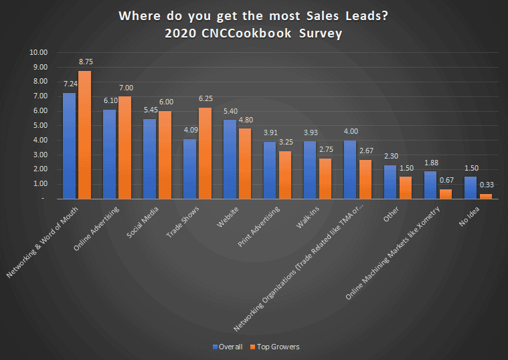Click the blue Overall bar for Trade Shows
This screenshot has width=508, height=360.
click(189, 169)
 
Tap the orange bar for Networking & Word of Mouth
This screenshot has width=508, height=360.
click(85, 134)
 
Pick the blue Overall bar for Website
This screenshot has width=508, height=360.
click(230, 159)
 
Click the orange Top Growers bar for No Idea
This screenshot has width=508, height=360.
click(487, 196)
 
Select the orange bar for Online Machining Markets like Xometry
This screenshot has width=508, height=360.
click(446, 194)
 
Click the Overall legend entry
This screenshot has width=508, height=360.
click(227, 347)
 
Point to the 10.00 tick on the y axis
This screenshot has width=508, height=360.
click(38, 52)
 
